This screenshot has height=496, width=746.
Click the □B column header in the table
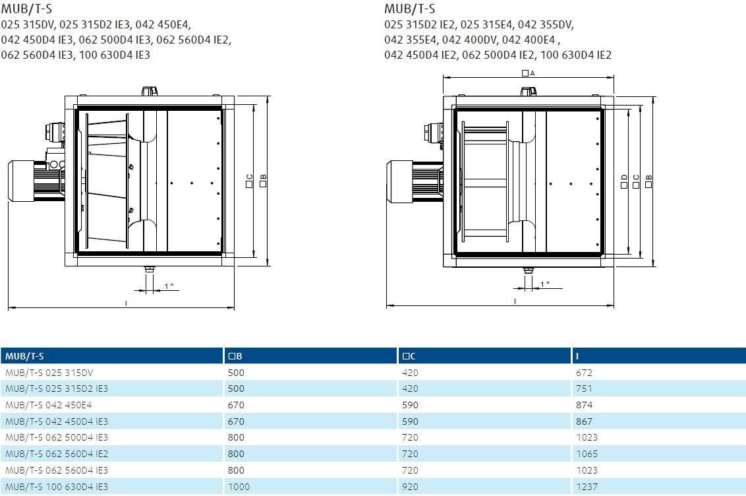coord(235,356)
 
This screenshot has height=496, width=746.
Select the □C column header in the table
coord(409,356)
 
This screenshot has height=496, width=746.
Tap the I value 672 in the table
coord(585,373)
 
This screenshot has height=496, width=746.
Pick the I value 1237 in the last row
coord(587,487)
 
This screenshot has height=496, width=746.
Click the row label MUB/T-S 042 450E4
coord(49,405)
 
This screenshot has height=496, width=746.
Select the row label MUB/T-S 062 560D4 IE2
coord(57,454)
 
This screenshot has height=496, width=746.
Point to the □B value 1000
coord(239,487)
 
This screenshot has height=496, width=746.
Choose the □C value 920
coord(410,487)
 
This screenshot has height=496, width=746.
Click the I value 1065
coord(587,454)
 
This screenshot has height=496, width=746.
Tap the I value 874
coord(585,405)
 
